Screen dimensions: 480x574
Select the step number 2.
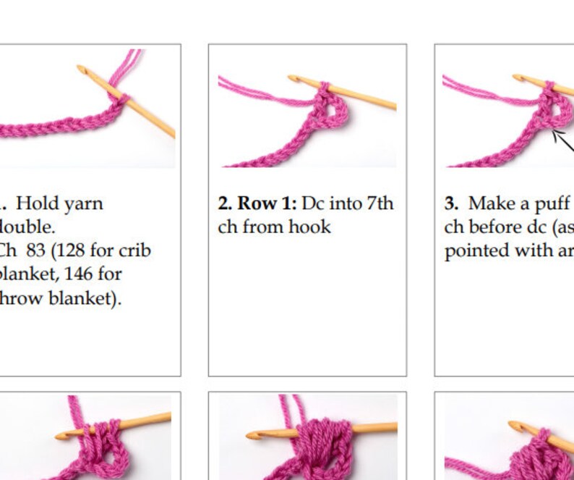224,203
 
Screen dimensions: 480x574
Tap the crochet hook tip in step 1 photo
82,70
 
